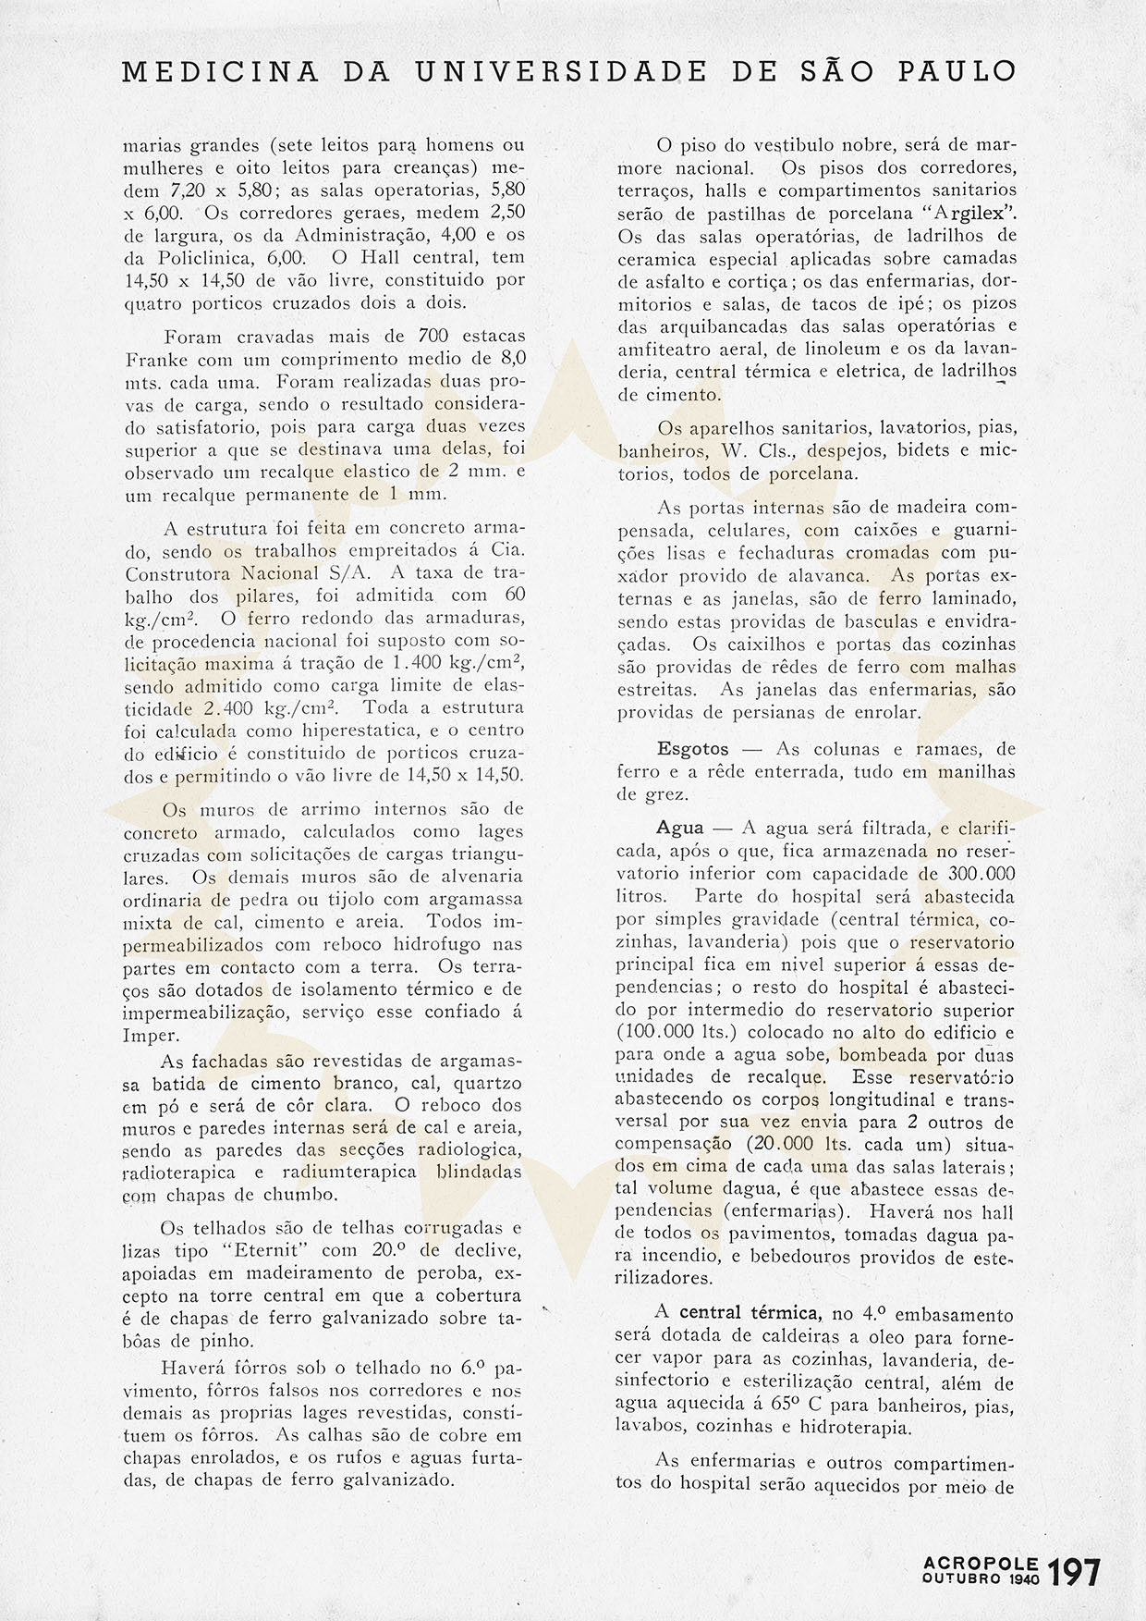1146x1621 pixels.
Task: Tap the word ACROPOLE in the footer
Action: tap(981, 1562)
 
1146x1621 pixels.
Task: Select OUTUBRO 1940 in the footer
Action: tap(981, 1579)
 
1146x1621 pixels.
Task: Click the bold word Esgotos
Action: tap(693, 749)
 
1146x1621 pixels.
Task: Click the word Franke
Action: tap(152, 359)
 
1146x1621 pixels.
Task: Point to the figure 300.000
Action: tap(982, 874)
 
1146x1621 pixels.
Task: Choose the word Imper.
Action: tap(151, 1035)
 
